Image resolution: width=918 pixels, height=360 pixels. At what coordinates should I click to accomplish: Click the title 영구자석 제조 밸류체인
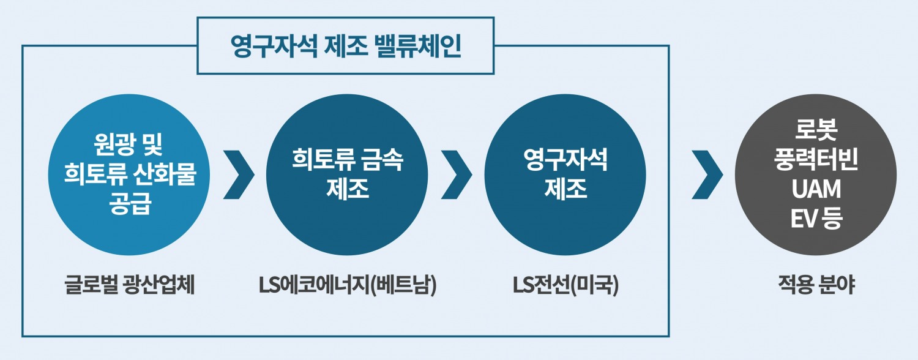[346, 47]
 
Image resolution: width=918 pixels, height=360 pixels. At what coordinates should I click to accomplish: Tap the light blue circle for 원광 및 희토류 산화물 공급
[129, 174]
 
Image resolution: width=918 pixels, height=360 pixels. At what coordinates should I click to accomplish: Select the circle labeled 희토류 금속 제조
[348, 174]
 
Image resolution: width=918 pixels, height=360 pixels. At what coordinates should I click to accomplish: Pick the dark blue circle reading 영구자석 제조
[565, 174]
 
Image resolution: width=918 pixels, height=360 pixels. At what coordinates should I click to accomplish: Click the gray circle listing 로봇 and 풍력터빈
[816, 174]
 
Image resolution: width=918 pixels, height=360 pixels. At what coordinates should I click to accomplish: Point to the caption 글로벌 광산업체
[129, 286]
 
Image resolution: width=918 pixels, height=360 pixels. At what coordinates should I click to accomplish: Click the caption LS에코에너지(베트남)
[348, 286]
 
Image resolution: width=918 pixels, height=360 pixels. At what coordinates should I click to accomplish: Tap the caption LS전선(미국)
[565, 286]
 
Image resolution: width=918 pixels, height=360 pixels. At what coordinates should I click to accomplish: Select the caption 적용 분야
[816, 286]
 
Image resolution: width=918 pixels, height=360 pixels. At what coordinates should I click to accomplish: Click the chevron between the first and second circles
[239, 174]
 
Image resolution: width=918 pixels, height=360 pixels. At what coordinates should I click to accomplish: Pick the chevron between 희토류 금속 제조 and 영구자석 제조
[457, 174]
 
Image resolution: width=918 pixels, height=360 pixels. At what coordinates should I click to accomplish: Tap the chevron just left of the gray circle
[707, 174]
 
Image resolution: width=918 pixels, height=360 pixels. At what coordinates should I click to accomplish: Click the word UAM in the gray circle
[816, 189]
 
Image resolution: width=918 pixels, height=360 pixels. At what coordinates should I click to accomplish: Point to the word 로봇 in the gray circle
[816, 132]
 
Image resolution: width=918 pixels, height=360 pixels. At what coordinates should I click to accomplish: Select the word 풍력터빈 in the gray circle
[816, 160]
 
